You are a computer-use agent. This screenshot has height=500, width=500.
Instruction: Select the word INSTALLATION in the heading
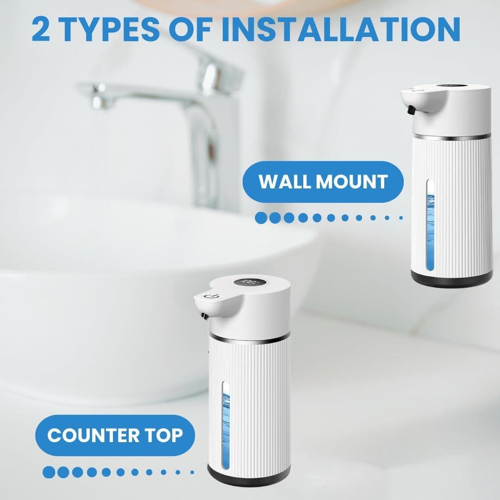(341, 29)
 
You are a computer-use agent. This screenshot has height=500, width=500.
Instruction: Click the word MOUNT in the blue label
(356, 181)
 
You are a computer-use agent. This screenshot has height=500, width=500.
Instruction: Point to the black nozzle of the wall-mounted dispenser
(410, 110)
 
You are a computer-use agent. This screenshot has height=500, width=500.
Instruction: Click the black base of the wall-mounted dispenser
(452, 277)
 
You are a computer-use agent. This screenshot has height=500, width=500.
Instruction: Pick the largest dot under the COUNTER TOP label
(49, 472)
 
